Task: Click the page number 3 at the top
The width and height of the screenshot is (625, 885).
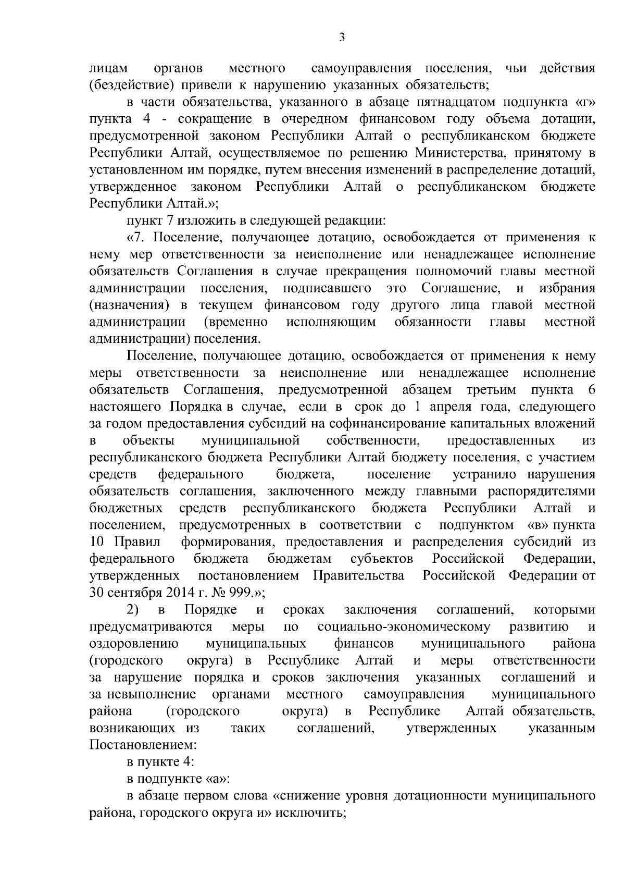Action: pyautogui.click(x=341, y=38)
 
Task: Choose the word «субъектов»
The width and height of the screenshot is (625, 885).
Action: pyautogui.click(x=382, y=559)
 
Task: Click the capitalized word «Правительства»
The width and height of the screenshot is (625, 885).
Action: pyautogui.click(x=358, y=576)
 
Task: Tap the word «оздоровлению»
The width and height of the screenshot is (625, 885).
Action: pyautogui.click(x=134, y=644)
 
